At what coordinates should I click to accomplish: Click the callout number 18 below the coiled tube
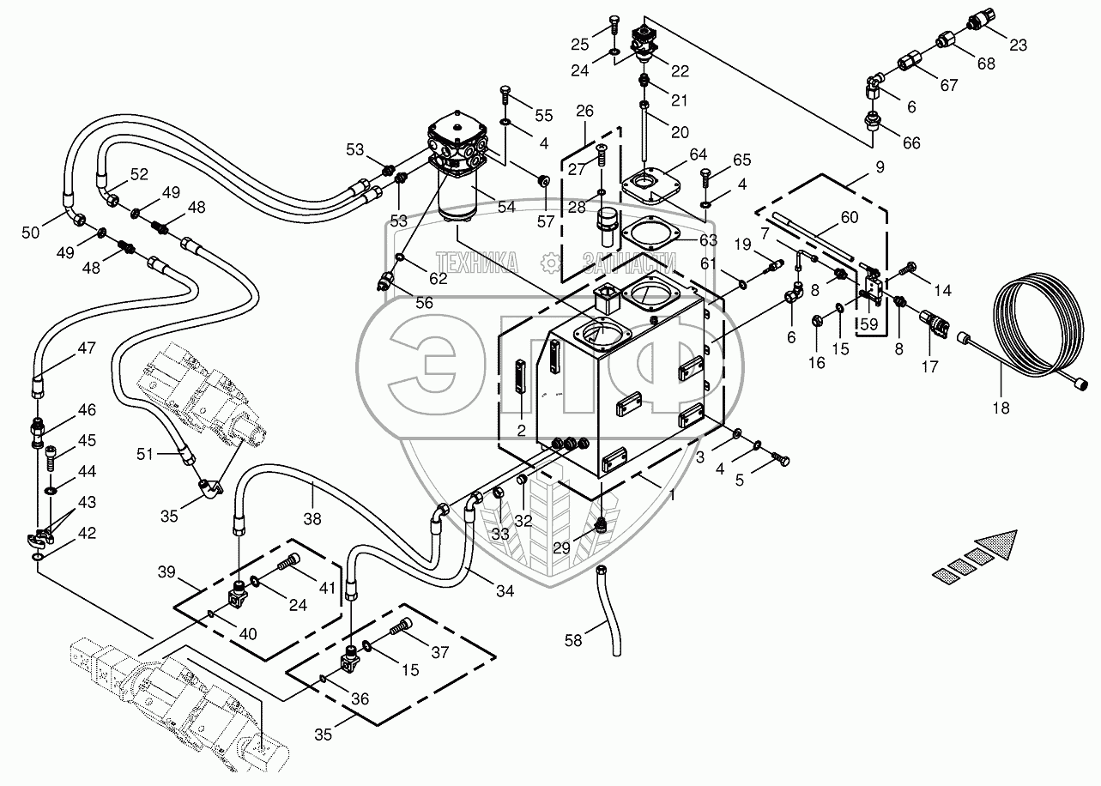[1001, 408]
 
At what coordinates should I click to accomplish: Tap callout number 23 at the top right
[1018, 46]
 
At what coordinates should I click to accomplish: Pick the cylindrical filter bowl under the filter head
[462, 196]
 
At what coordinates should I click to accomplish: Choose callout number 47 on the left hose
[87, 348]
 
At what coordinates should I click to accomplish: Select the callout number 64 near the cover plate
[698, 154]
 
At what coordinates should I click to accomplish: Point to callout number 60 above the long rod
[849, 218]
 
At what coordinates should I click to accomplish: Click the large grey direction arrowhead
[996, 547]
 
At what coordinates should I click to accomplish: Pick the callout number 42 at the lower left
[87, 533]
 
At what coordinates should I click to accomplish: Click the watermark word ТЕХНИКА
[477, 262]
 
